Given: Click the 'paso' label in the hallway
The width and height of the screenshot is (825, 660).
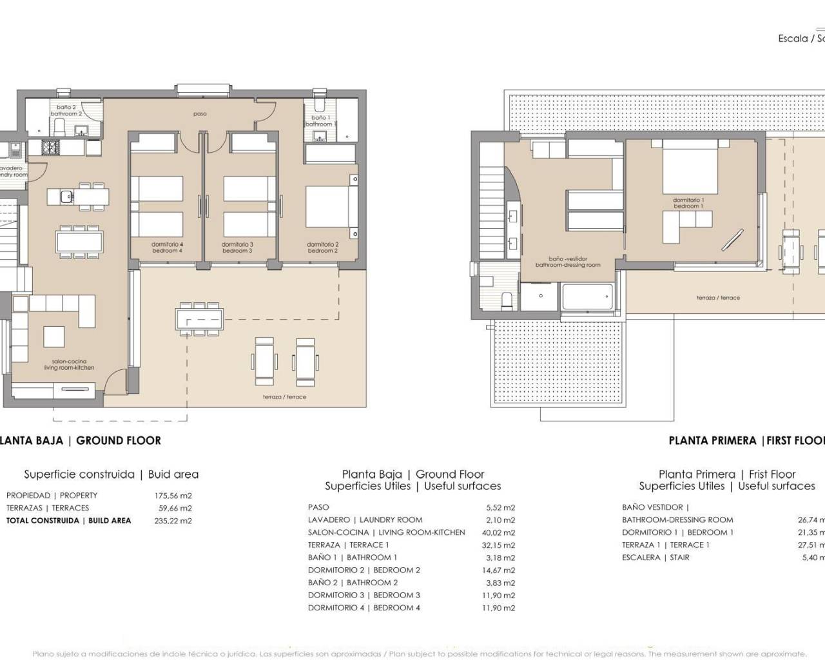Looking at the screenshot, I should tap(200, 114).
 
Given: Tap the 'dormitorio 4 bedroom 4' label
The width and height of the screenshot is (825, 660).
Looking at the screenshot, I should tap(167, 247).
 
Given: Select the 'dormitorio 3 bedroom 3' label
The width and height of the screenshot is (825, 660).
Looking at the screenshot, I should tap(237, 247).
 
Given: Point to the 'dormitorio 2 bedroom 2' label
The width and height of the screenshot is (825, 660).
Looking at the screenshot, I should tap(322, 247).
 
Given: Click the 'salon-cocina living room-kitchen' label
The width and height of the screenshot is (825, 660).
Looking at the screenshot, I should tap(69, 365).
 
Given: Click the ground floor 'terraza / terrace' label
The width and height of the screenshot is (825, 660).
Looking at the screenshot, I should tap(284, 397).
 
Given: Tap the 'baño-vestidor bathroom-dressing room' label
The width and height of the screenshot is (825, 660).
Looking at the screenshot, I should tap(567, 262).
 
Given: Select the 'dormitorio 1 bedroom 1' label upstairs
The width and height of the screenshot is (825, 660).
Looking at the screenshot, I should tap(688, 203).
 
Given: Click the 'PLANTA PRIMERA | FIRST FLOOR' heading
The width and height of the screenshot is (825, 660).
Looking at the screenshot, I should tap(746, 441).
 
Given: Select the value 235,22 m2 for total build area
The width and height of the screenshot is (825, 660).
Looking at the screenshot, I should tap(173, 521).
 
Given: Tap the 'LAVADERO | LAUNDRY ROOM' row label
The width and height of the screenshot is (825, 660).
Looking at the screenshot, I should tap(365, 520).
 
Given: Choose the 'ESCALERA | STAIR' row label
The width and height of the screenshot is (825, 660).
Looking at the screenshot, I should tap(655, 558).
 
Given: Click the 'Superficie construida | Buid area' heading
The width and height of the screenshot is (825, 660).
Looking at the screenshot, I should tap(112, 474).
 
